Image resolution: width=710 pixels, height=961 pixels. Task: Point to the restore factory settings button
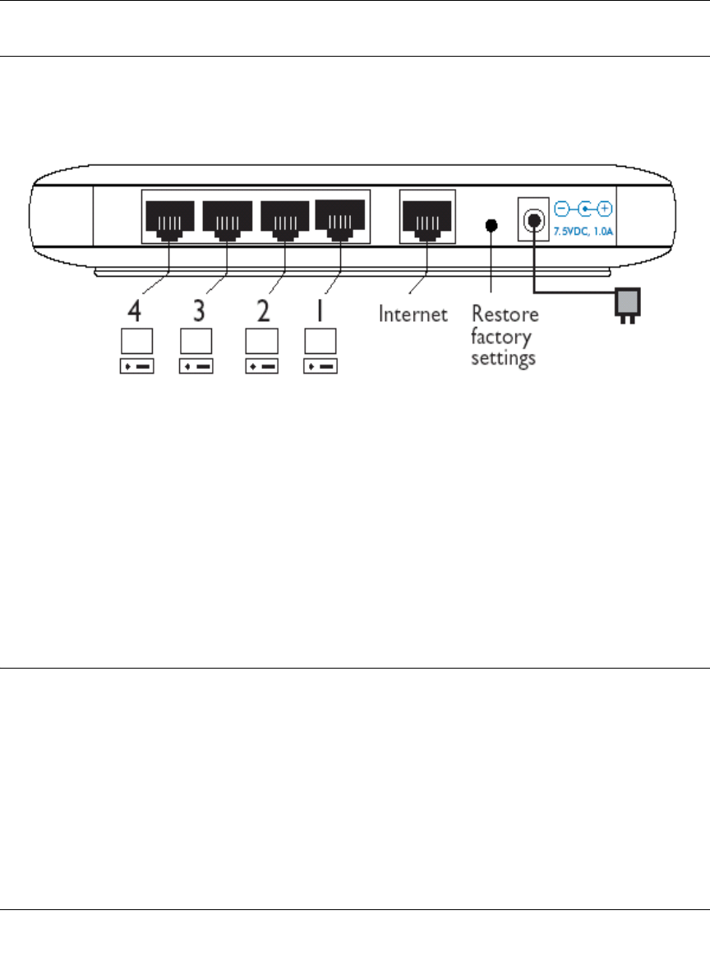(491, 224)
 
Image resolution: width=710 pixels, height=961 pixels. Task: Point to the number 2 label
(260, 313)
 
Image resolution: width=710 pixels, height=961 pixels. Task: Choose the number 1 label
(320, 313)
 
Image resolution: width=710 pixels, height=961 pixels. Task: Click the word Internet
(413, 314)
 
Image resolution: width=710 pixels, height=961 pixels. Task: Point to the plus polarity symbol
(606, 209)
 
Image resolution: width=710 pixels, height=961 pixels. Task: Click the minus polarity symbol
(563, 209)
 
